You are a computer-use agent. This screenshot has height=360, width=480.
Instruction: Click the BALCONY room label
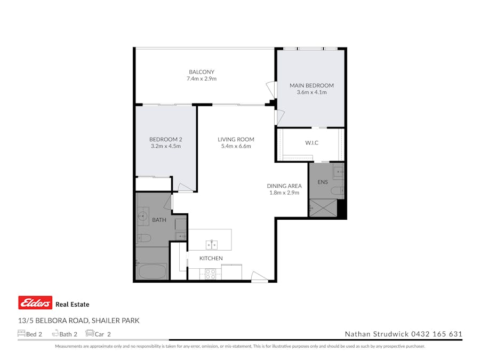pyautogui.click(x=201, y=72)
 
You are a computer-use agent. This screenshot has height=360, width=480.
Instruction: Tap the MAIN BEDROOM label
pyautogui.click(x=311, y=85)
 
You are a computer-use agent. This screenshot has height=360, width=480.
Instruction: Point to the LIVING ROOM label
pyautogui.click(x=236, y=140)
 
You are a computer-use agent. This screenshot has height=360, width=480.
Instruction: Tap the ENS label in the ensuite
pyautogui.click(x=323, y=182)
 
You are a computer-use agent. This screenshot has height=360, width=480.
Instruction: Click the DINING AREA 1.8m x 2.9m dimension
pyautogui.click(x=284, y=193)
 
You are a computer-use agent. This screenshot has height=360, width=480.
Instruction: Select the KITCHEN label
pyautogui.click(x=211, y=259)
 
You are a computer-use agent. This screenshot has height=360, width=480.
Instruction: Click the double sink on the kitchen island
pyautogui.click(x=212, y=245)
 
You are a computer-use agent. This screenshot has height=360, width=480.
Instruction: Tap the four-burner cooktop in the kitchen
pyautogui.click(x=210, y=274)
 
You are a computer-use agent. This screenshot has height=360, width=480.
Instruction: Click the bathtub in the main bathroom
pyautogui.click(x=152, y=270)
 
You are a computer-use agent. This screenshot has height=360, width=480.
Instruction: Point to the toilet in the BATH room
pyautogui.click(x=145, y=238)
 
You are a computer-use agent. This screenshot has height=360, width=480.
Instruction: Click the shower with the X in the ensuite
pyautogui.click(x=323, y=207)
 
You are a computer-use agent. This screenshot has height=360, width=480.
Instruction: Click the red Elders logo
pyautogui.click(x=35, y=303)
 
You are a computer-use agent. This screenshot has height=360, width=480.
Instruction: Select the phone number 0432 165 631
pyautogui.click(x=436, y=334)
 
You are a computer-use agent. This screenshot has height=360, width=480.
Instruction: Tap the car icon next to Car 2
pyautogui.click(x=90, y=334)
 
